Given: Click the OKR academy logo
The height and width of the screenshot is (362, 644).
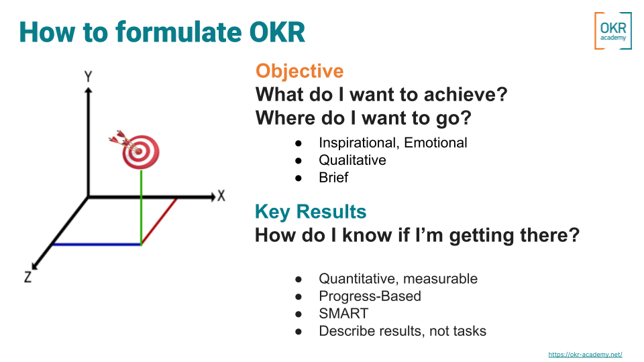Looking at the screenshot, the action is click(x=612, y=31).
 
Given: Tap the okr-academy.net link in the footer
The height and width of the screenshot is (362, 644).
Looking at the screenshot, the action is click(x=585, y=354).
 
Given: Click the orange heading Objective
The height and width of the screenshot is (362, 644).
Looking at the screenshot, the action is click(x=299, y=71).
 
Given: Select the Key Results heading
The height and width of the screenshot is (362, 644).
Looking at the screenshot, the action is click(x=311, y=211).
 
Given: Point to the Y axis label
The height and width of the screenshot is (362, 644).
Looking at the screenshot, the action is click(x=88, y=76).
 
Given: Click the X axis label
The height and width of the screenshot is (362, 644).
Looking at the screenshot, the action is click(x=221, y=196).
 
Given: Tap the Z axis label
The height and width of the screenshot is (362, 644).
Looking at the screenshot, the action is click(x=28, y=277).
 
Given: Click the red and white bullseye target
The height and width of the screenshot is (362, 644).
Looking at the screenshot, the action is click(x=140, y=152).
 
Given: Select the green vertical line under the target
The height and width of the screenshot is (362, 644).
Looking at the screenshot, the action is click(x=142, y=207).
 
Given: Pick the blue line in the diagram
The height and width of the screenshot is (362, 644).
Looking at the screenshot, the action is click(x=97, y=245).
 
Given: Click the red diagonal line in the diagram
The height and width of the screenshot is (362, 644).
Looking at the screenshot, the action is click(x=160, y=221).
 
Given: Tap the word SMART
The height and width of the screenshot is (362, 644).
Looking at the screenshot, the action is click(x=343, y=314).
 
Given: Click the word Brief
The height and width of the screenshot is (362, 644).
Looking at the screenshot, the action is click(x=333, y=177).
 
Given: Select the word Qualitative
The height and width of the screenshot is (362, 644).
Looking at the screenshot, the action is click(x=352, y=160).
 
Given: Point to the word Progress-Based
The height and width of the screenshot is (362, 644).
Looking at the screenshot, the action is click(x=370, y=296).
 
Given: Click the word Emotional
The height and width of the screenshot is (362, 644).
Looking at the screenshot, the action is click(x=435, y=142).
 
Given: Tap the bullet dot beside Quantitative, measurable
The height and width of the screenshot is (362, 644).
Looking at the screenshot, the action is click(x=299, y=280).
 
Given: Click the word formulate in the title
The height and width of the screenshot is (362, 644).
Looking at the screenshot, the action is click(x=179, y=32).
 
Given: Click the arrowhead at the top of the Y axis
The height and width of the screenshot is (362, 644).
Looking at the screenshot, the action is click(x=88, y=90).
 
